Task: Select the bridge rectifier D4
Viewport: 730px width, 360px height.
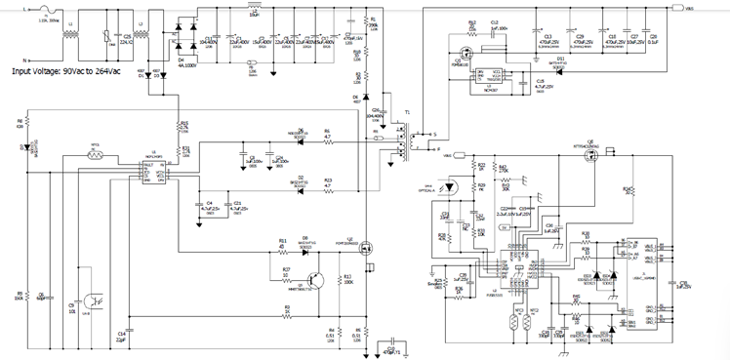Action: point(182,38)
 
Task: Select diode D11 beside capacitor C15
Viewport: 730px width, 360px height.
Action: point(559,64)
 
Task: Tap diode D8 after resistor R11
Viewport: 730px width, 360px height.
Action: point(305,245)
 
